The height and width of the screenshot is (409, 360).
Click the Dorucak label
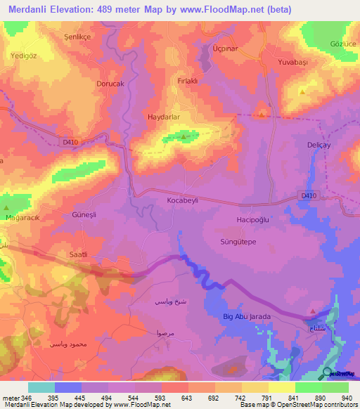coord(110,83)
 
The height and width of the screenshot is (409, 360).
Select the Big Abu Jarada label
coord(246,317)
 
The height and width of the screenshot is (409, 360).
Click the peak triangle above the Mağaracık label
coord(7,209)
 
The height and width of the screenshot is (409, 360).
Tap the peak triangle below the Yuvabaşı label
coord(302,91)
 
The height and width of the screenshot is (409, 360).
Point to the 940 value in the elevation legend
coord(345,398)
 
